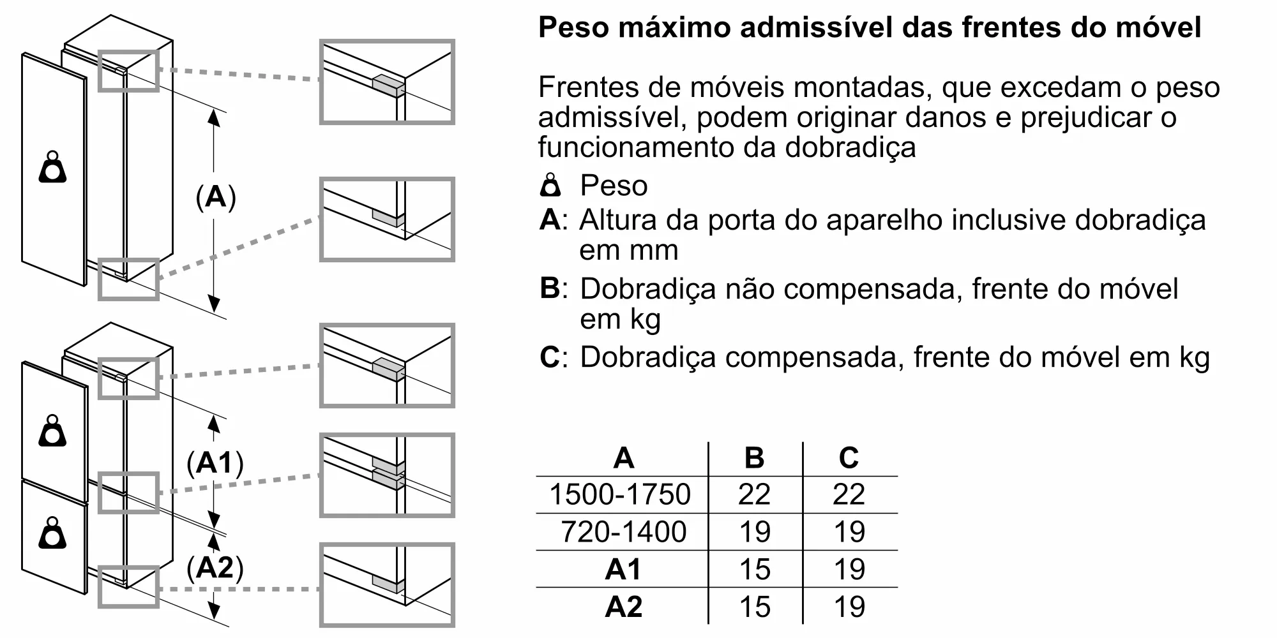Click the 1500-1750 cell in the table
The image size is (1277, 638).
coord(620,494)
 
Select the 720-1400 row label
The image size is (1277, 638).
coord(623,531)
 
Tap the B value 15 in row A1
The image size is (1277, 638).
coord(755,569)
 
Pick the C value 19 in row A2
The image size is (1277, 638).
coord(849,606)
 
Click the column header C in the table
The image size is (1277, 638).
coord(849,457)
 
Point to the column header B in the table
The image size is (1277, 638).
coord(754,457)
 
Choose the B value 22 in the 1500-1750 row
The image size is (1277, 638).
coord(754,494)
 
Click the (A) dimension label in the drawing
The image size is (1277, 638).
coord(216,197)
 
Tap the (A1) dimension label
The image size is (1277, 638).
coord(215,463)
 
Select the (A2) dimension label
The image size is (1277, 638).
coord(215,567)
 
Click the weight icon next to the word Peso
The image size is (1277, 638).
coord(550,185)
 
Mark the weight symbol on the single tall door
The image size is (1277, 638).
coord(52,167)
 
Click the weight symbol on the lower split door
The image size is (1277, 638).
coord(52,533)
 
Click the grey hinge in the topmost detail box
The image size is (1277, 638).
coord(388,86)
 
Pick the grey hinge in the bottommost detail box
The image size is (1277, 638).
coord(388,584)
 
